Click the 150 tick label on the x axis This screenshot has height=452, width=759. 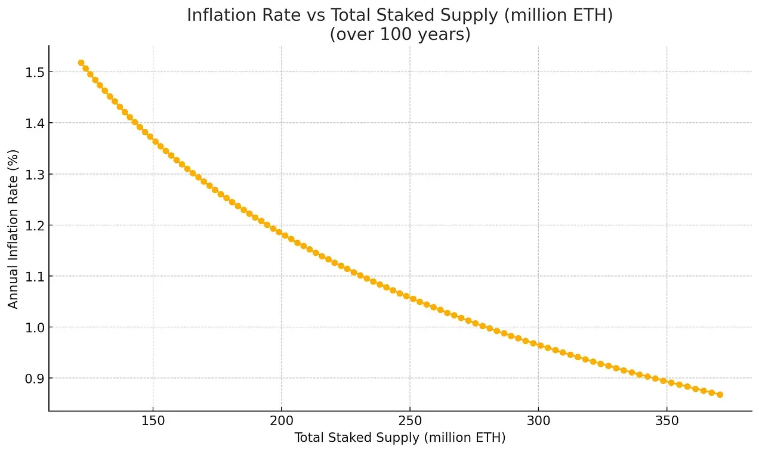pyautogui.click(x=153, y=422)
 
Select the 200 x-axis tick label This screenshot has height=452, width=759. pyautogui.click(x=281, y=422)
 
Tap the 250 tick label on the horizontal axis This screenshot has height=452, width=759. pyautogui.click(x=409, y=422)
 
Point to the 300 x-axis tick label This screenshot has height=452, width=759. pyautogui.click(x=538, y=422)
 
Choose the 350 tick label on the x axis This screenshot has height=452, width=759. pyautogui.click(x=667, y=422)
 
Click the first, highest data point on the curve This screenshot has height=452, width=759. pyautogui.click(x=81, y=63)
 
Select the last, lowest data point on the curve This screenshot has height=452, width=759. pyautogui.click(x=720, y=395)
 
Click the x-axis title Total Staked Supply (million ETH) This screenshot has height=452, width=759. pyautogui.click(x=400, y=438)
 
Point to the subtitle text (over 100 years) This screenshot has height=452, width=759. pyautogui.click(x=400, y=35)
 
